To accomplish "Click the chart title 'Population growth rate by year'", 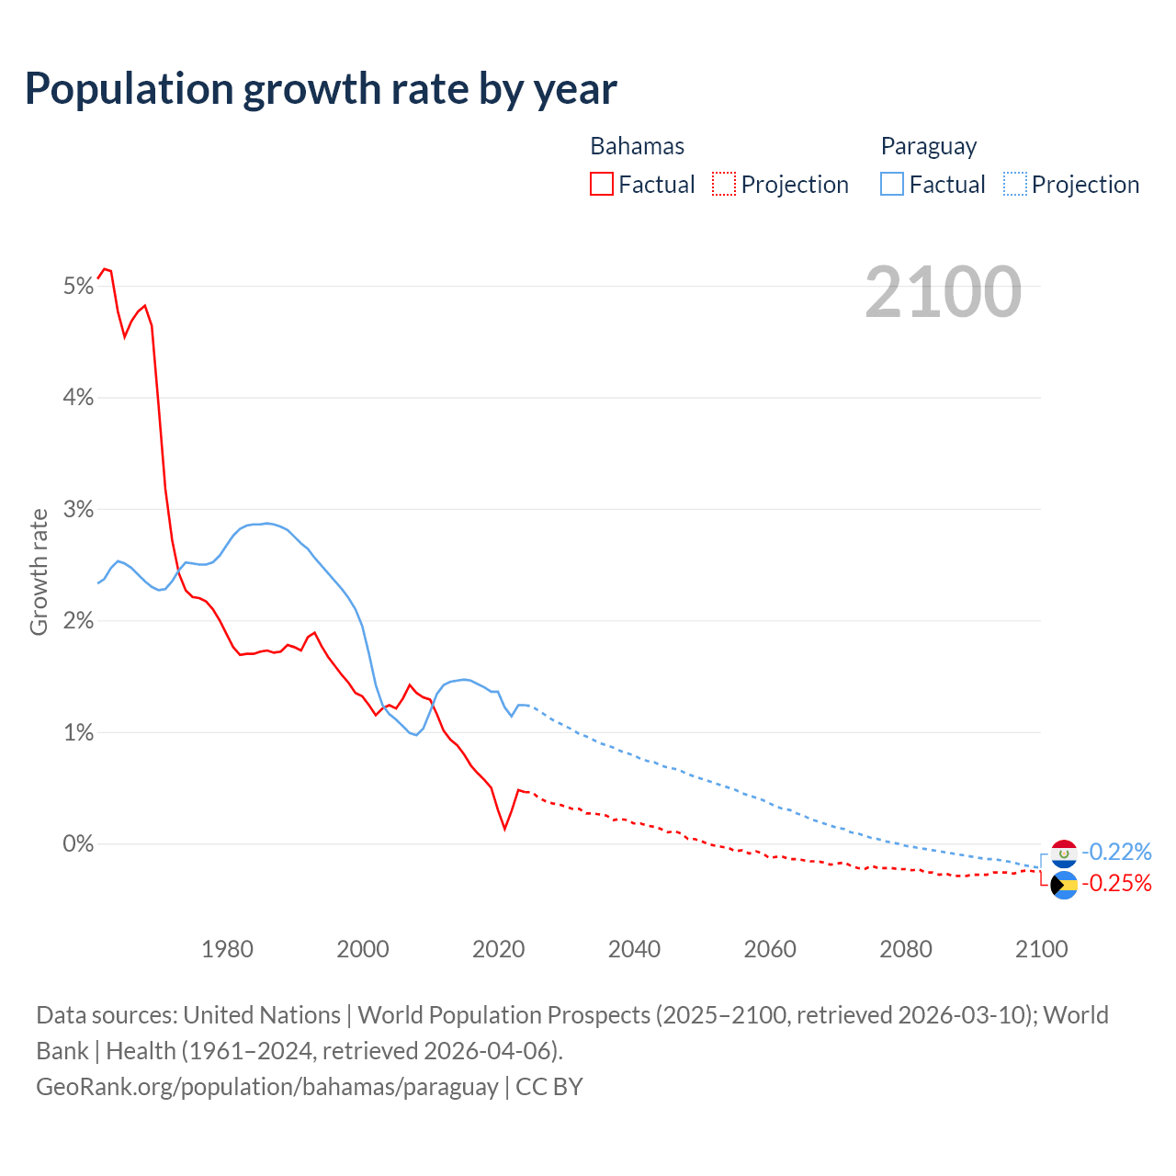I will coord(321,89).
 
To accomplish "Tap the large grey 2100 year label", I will coord(943,292).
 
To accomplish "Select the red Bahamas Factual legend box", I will coord(602,184).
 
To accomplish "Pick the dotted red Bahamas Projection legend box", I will coord(724,184).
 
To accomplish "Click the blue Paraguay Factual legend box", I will coord(892,184).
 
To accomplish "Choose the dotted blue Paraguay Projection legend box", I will coord(1014,184).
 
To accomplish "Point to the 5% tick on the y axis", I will coord(79,287).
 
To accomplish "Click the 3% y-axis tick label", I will coord(79,510).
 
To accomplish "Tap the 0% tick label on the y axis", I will coord(79,844).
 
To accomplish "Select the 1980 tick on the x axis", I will coord(227,949).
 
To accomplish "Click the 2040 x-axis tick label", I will coord(634,949).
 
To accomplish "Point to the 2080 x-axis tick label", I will coord(906,949).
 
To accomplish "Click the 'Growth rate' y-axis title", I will coord(39,571).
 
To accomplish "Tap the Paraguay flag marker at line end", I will coord(1064,854).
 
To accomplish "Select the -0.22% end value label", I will coord(1116,852).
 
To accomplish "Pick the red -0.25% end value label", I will coord(1116,884).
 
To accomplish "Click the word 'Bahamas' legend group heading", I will coord(637,146).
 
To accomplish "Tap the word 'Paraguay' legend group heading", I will coord(928,146).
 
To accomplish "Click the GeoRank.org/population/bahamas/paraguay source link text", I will coord(267,1087).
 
